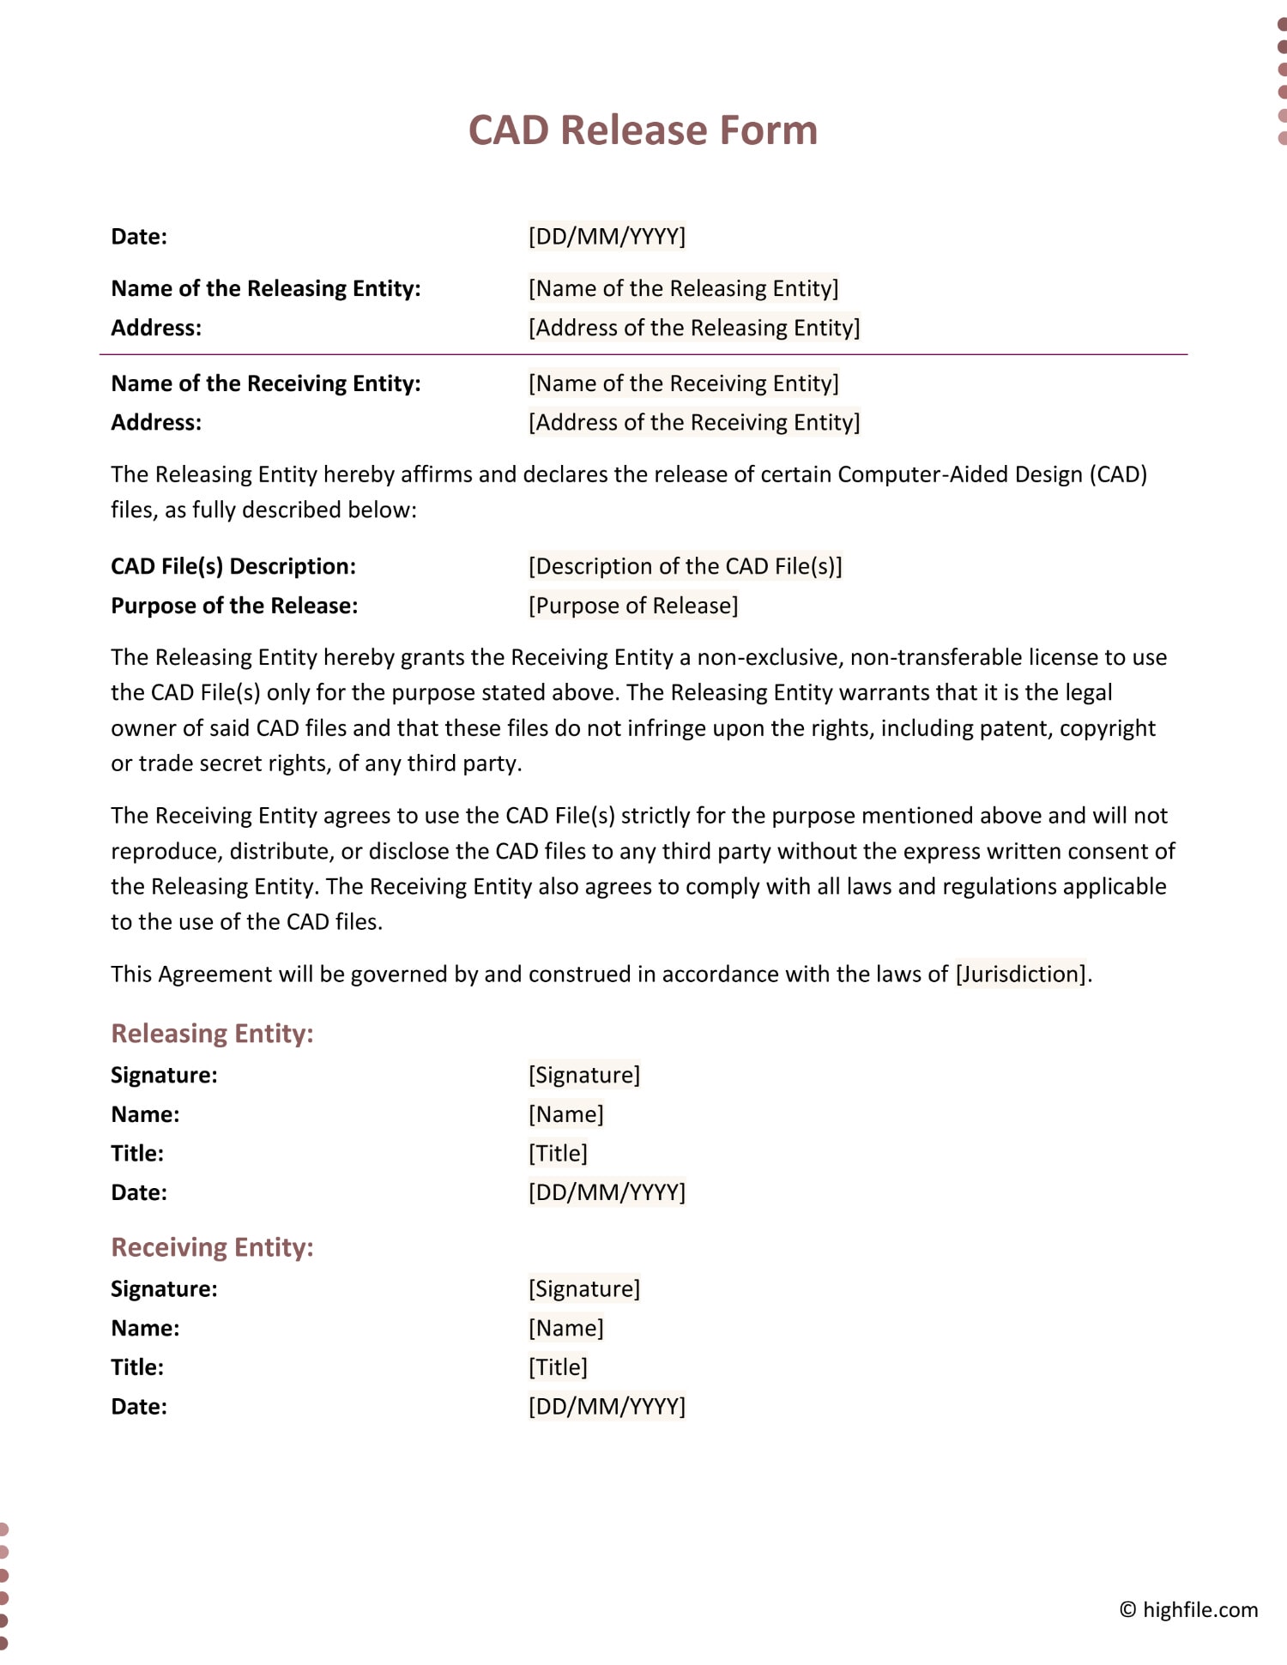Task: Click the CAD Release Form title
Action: click(x=643, y=130)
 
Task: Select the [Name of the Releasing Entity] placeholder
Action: click(x=683, y=288)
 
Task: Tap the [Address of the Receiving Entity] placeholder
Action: click(x=693, y=422)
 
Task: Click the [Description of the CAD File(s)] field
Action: click(x=685, y=566)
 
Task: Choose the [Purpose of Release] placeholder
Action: click(x=632, y=606)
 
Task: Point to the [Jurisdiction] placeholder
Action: click(x=1021, y=974)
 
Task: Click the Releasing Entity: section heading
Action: click(x=212, y=1033)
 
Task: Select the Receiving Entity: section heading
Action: click(x=212, y=1246)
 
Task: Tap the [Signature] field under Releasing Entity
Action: click(x=583, y=1075)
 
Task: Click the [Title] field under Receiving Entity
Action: click(x=558, y=1366)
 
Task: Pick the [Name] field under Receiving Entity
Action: click(x=565, y=1328)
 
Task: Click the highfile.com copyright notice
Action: click(x=1188, y=1609)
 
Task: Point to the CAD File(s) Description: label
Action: click(x=233, y=566)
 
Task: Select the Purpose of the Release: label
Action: click(x=234, y=606)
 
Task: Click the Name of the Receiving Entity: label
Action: click(x=266, y=383)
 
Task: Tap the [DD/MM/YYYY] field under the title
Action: click(x=607, y=236)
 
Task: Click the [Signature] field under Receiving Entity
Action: click(x=583, y=1288)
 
